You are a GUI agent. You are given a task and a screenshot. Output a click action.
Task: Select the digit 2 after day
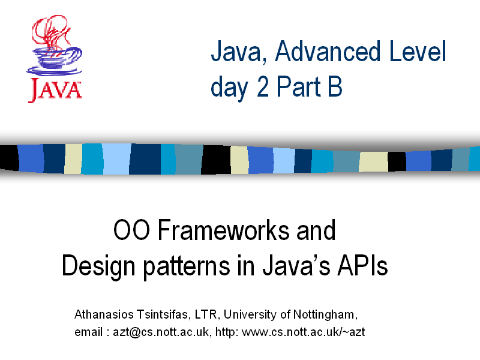[x=263, y=86]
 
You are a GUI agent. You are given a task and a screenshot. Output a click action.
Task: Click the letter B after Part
[x=335, y=86]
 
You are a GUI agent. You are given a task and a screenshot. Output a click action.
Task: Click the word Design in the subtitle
[x=98, y=266]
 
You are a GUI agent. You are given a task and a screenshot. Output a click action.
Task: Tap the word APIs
[x=362, y=265]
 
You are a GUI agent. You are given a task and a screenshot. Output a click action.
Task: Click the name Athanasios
[x=104, y=314]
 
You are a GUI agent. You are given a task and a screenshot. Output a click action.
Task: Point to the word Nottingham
[x=325, y=314]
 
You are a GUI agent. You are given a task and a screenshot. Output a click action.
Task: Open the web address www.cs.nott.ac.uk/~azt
[x=304, y=332]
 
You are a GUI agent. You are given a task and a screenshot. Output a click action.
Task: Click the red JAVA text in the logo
[x=55, y=89]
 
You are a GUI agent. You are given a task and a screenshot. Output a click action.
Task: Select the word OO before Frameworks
[x=131, y=230]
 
